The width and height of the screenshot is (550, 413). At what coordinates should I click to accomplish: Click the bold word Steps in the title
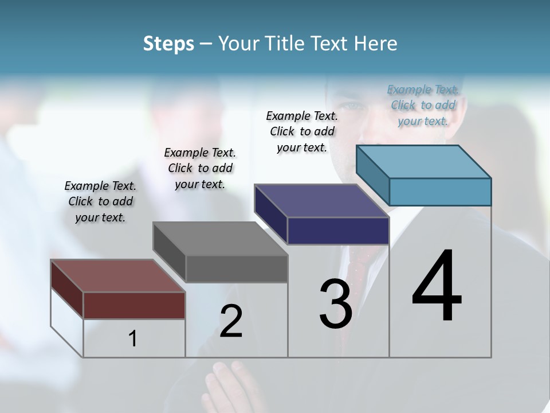click(x=168, y=44)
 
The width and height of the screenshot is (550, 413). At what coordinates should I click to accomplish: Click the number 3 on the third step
click(x=336, y=304)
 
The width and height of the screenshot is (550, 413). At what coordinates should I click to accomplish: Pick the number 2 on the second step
click(x=231, y=321)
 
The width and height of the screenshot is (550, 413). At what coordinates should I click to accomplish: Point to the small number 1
click(x=133, y=338)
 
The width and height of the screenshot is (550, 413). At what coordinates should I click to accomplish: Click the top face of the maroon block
click(x=117, y=276)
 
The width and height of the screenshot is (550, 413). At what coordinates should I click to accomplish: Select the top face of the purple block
click(x=321, y=201)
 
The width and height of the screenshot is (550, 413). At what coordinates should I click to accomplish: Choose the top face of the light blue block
click(x=423, y=162)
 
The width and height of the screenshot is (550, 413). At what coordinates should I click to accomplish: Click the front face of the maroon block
click(x=134, y=305)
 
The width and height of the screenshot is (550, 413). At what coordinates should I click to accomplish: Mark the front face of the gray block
click(x=237, y=268)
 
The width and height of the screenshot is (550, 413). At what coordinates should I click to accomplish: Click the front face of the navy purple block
click(x=338, y=231)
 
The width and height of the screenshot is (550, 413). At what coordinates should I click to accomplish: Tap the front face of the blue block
click(x=440, y=192)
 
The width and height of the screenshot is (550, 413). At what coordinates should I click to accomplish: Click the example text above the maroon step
click(x=100, y=202)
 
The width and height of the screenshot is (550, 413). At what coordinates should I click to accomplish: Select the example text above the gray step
click(x=200, y=169)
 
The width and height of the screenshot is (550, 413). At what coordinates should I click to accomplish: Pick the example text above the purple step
click(x=302, y=132)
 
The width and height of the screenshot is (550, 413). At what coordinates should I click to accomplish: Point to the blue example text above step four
click(x=423, y=106)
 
